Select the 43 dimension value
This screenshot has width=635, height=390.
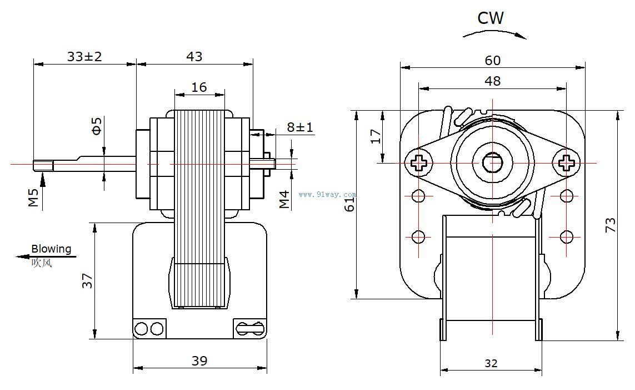point(194,56)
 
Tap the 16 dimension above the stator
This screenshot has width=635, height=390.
point(199,87)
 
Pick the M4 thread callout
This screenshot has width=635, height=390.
point(284,199)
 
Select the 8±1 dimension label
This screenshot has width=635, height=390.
point(300,127)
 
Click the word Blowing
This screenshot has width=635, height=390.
point(51,249)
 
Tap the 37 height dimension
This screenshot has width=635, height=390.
point(87,280)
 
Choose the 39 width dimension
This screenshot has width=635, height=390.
point(199,361)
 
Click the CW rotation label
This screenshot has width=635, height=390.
point(491,18)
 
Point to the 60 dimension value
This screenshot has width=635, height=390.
point(493,60)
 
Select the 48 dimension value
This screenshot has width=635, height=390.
point(493,81)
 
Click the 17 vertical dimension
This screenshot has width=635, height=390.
point(376,136)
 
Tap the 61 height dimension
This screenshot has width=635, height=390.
point(349,204)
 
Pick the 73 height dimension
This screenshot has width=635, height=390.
point(611,225)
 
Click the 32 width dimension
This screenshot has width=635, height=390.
point(491,363)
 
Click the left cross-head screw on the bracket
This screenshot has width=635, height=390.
point(419,163)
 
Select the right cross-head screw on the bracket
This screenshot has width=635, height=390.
point(566,163)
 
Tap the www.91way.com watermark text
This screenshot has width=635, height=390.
point(327,195)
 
